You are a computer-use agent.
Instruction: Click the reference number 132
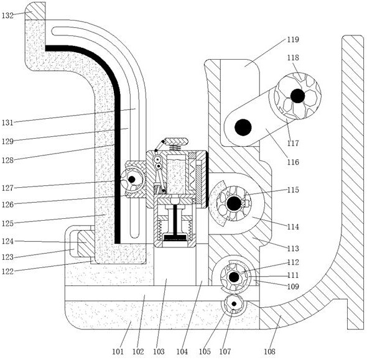7,16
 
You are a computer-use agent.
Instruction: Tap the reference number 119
293,40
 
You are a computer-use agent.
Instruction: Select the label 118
293,58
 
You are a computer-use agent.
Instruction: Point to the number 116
293,162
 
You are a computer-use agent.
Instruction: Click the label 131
7,122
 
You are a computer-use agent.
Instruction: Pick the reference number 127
7,188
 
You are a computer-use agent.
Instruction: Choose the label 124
7,241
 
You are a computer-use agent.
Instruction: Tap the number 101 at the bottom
118,351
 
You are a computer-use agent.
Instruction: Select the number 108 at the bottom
269,351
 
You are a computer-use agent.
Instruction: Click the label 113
293,249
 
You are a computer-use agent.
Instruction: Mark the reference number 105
205,351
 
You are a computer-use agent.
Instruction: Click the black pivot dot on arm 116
243,127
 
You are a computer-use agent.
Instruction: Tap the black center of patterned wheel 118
298,96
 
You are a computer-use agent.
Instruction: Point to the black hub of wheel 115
234,203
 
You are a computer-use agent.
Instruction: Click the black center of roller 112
234,277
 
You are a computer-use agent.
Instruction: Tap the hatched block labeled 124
86,243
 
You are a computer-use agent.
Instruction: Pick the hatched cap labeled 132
35,11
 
